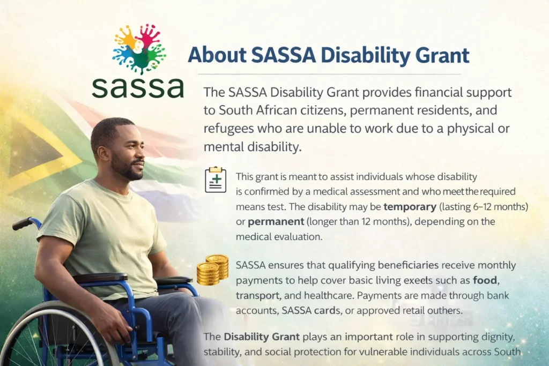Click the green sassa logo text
click(x=137, y=86)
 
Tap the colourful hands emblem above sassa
click(x=139, y=47)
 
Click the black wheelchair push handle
click(x=23, y=223)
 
